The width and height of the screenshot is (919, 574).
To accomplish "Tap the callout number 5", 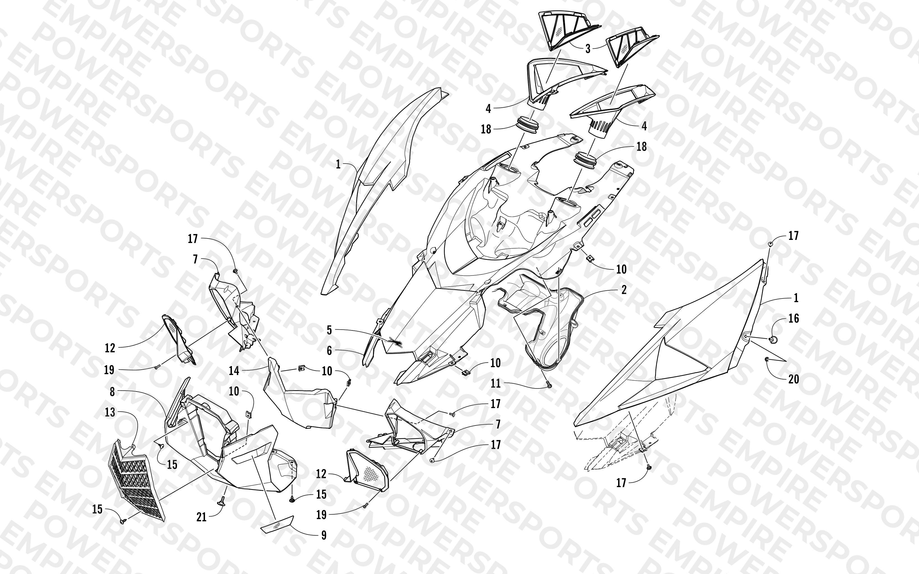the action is pos(329,330).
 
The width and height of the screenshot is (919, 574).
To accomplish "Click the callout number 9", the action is pos(324,535).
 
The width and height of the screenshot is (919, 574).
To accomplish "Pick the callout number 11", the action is pos(496,383).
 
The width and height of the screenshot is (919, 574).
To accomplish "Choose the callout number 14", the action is pos(234,371).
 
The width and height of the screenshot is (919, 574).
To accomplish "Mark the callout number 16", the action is pos(794,318).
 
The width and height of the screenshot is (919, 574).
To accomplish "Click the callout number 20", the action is pos(794,379).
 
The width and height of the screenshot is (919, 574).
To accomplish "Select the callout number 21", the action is pos(201,517).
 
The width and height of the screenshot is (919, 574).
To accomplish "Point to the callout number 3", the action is pos(588,48).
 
